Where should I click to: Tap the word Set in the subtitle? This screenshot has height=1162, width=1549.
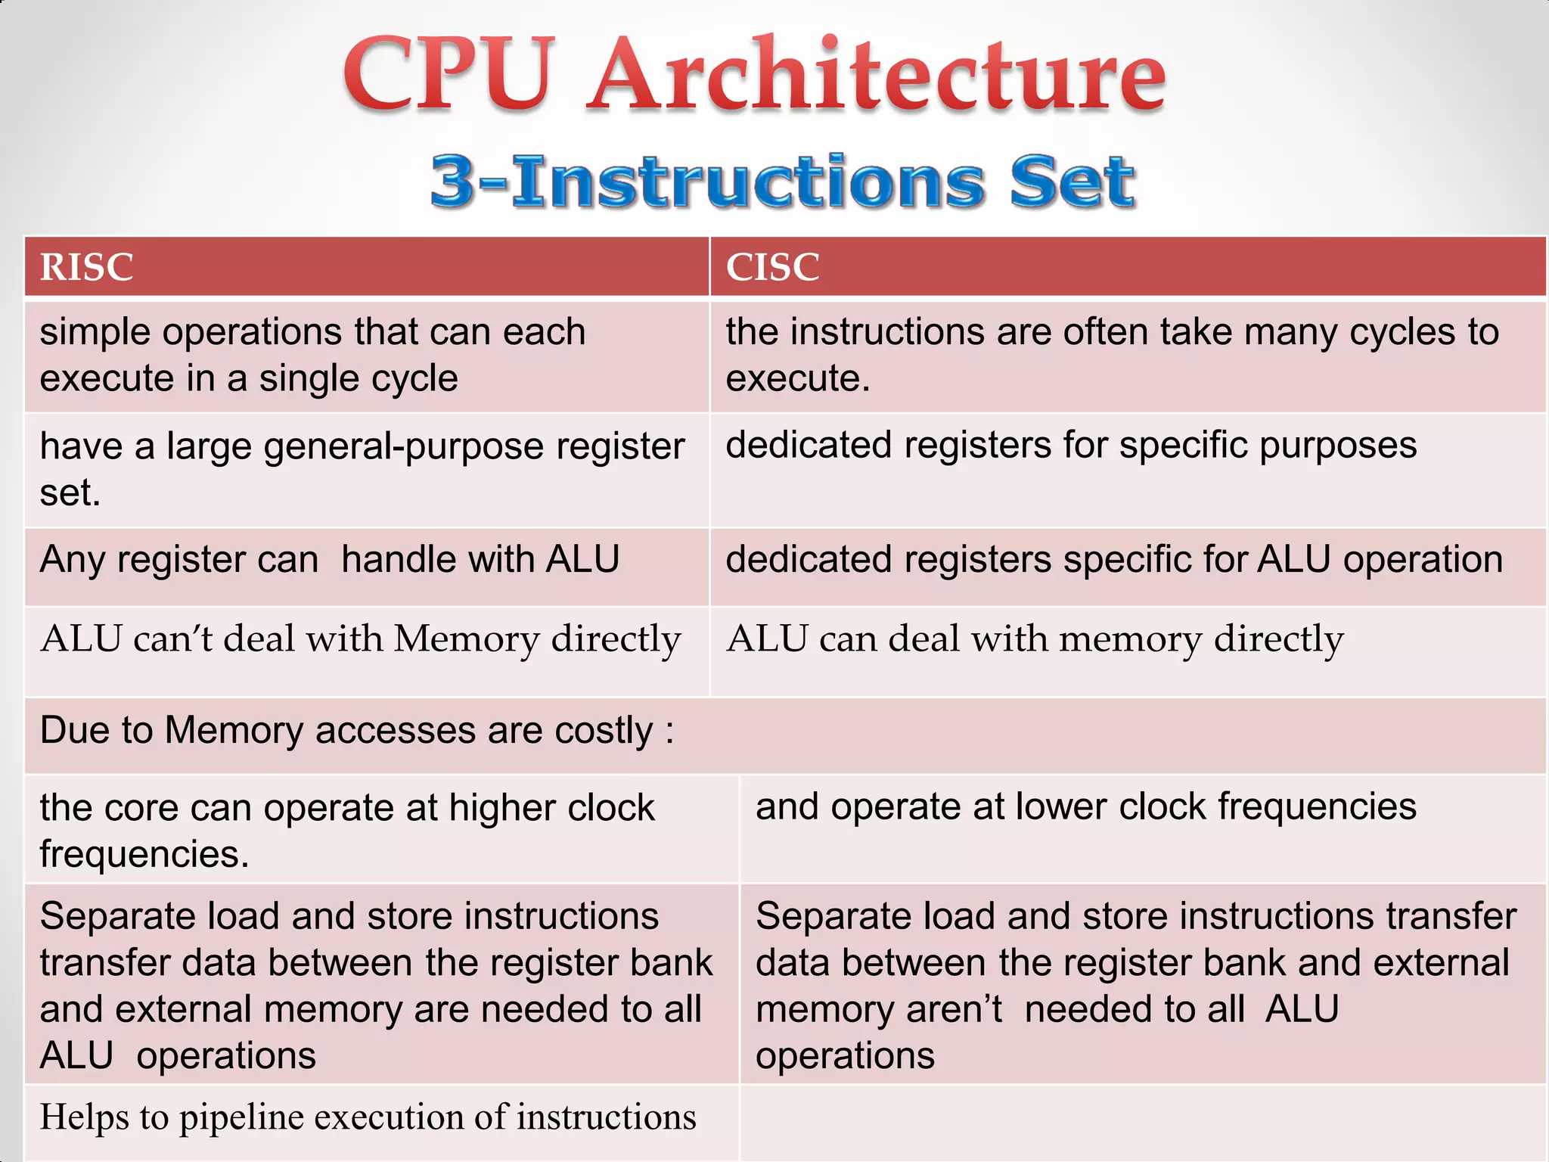1072,182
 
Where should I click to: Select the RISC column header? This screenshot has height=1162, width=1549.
87,267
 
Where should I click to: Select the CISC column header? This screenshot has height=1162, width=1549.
772,267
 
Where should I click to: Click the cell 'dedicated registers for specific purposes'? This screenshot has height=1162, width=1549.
1070,445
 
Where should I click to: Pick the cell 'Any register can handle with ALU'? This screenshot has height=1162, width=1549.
330,561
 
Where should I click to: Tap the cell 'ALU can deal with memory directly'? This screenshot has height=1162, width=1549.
1034,639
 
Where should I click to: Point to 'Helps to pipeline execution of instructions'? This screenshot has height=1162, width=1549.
368,1117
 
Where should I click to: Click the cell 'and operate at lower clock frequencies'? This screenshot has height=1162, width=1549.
1085,806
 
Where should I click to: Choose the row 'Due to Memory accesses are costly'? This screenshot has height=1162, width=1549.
357,732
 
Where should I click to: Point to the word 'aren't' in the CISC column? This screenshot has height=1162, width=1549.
955,1009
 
